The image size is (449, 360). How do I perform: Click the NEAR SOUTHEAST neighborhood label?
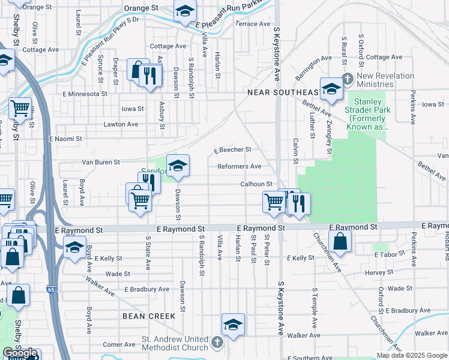tap(283, 92)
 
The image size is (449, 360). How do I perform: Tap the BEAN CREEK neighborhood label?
tap(149, 316)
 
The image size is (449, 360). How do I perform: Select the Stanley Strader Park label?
tap(367, 114)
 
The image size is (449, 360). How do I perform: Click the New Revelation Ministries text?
tap(385, 80)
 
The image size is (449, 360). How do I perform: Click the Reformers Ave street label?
tap(239, 166)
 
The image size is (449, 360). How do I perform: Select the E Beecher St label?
tap(231, 150)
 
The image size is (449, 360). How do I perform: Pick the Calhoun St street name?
tap(257, 184)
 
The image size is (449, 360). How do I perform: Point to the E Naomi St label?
tap(65, 139)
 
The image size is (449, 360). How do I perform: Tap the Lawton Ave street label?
tap(120, 124)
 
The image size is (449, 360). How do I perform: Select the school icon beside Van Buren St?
tap(178, 166)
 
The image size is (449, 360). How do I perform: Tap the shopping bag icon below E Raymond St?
tap(340, 241)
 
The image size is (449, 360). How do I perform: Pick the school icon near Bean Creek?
tap(233, 325)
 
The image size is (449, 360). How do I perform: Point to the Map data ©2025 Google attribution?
tap(412, 355)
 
